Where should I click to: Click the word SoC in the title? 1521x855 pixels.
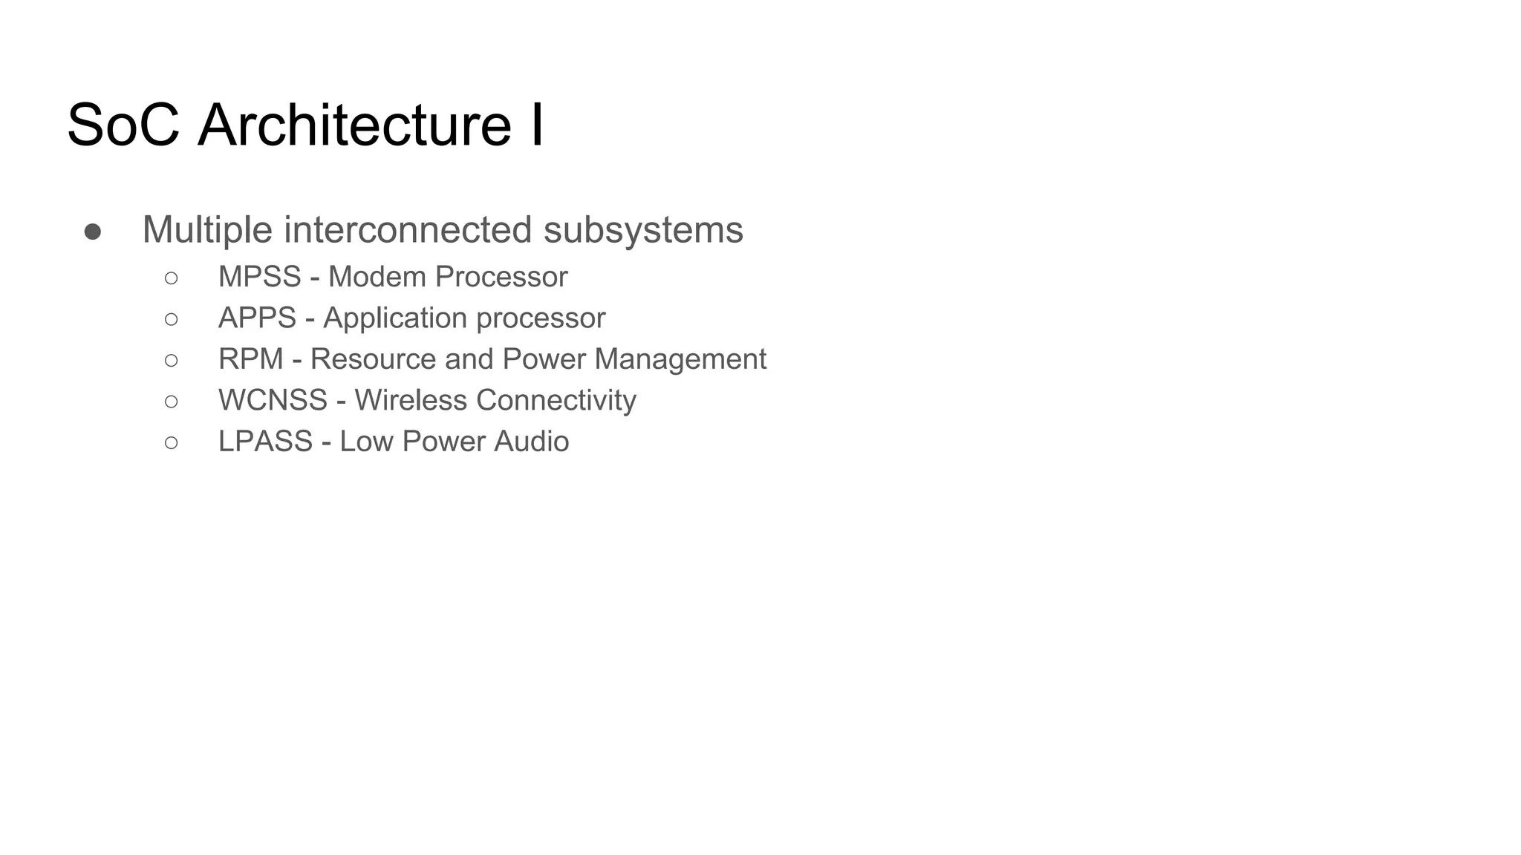coord(123,125)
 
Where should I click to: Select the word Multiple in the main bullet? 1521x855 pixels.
coord(207,229)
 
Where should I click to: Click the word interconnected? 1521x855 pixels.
coord(408,229)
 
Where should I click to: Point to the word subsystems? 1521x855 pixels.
coord(643,229)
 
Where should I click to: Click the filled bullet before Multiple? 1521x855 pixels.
coord(93,232)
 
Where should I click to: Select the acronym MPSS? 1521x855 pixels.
coord(259,277)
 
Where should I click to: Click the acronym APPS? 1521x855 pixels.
coord(257,318)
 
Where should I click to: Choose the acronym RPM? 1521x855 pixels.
coord(250,359)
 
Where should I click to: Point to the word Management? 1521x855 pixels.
coord(680,359)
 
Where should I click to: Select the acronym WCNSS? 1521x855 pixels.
coord(273,401)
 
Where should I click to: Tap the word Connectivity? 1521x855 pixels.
coord(556,401)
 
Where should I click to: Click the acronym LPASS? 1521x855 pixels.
coord(265,442)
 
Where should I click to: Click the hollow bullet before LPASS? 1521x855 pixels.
coord(172,443)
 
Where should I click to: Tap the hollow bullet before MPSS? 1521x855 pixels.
coord(172,278)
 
